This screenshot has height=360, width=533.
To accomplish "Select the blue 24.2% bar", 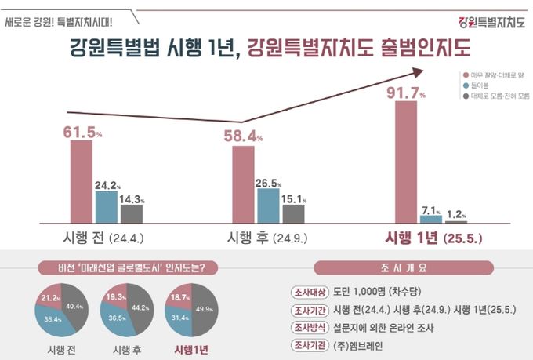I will click(107, 206).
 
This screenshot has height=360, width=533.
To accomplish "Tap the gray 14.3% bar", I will click(131, 213).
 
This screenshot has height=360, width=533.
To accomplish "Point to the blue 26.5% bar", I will click(269, 205).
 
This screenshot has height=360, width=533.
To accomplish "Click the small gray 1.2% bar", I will click(455, 221).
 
